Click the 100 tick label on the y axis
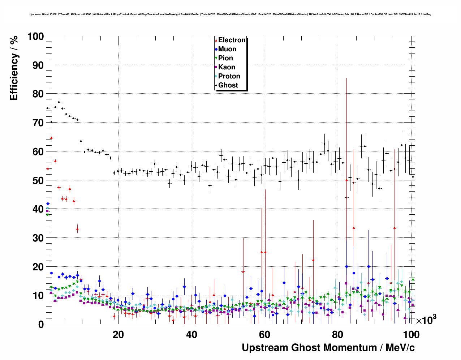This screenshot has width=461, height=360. [35, 37]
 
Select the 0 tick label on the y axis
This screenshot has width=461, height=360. [41, 324]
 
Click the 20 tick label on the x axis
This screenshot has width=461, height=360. [118, 335]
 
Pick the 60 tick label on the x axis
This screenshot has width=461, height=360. [264, 335]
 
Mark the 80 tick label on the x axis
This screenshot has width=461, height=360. [338, 335]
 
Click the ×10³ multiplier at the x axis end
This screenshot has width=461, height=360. [426, 320]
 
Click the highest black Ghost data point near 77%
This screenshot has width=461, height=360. [59, 102]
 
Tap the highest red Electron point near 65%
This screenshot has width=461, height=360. [51, 138]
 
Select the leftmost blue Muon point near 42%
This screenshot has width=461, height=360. [48, 203]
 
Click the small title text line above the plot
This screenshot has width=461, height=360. [230, 14]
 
